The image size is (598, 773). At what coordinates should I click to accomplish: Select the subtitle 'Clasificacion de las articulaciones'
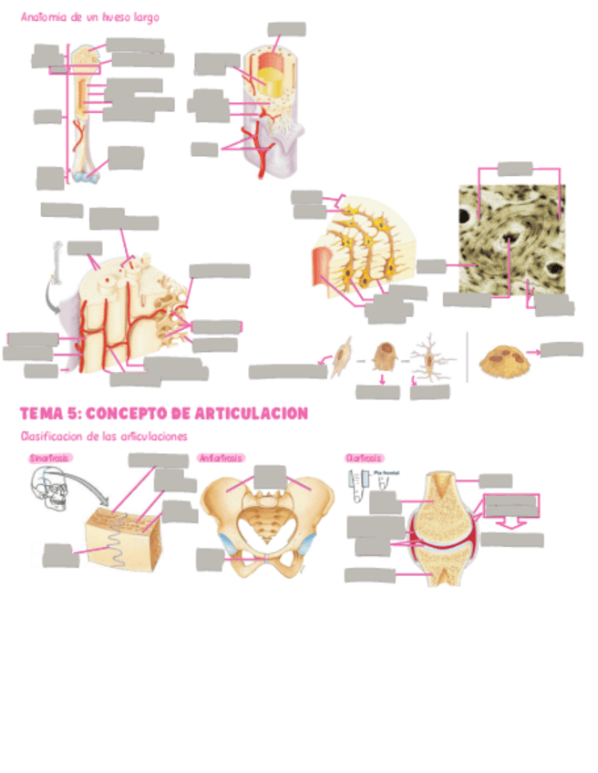click(x=103, y=436)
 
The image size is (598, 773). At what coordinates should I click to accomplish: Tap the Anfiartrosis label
click(x=220, y=458)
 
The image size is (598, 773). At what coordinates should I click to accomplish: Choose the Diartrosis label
click(x=364, y=458)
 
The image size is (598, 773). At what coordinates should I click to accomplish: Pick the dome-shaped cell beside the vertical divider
click(x=508, y=357)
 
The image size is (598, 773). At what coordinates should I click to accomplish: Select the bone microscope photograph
click(x=510, y=240)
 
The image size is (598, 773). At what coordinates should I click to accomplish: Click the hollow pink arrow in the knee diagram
click(x=512, y=522)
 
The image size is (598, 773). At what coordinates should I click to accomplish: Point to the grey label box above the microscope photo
click(x=515, y=167)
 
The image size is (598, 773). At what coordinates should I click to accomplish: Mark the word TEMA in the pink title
click(x=41, y=413)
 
